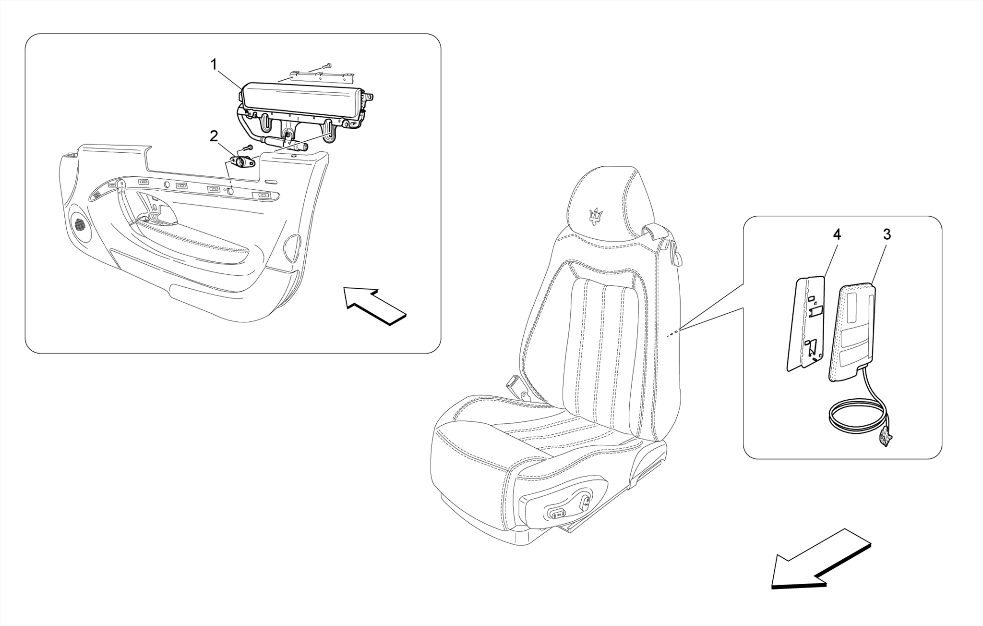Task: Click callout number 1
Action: click(214, 64)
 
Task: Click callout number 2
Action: click(214, 136)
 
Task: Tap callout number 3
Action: click(887, 235)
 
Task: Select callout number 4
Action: click(837, 235)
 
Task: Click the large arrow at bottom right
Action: click(818, 563)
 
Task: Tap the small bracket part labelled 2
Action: click(242, 162)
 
